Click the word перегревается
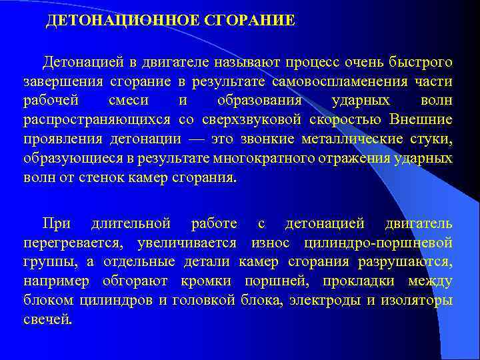(x=75, y=241)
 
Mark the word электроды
(x=327, y=299)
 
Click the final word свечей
(x=46, y=319)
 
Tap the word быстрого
(x=421, y=63)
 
